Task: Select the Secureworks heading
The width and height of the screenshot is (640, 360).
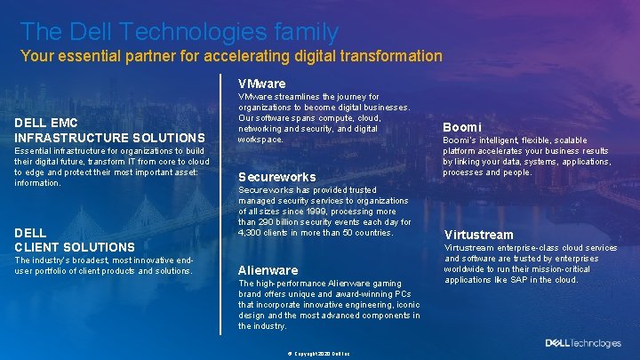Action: click(276, 177)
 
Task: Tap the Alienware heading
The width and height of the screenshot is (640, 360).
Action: click(268, 270)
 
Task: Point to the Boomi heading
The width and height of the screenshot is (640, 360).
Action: click(461, 127)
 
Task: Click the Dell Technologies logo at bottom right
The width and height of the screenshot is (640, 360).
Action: click(583, 343)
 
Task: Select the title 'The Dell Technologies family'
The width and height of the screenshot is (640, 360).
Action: click(179, 32)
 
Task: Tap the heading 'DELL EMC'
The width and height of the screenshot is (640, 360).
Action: click(46, 123)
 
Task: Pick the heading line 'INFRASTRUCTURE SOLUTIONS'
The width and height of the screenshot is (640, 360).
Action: click(109, 138)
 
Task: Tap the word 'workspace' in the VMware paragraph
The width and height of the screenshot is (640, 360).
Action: click(260, 140)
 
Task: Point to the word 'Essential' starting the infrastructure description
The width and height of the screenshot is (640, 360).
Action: click(31, 151)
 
